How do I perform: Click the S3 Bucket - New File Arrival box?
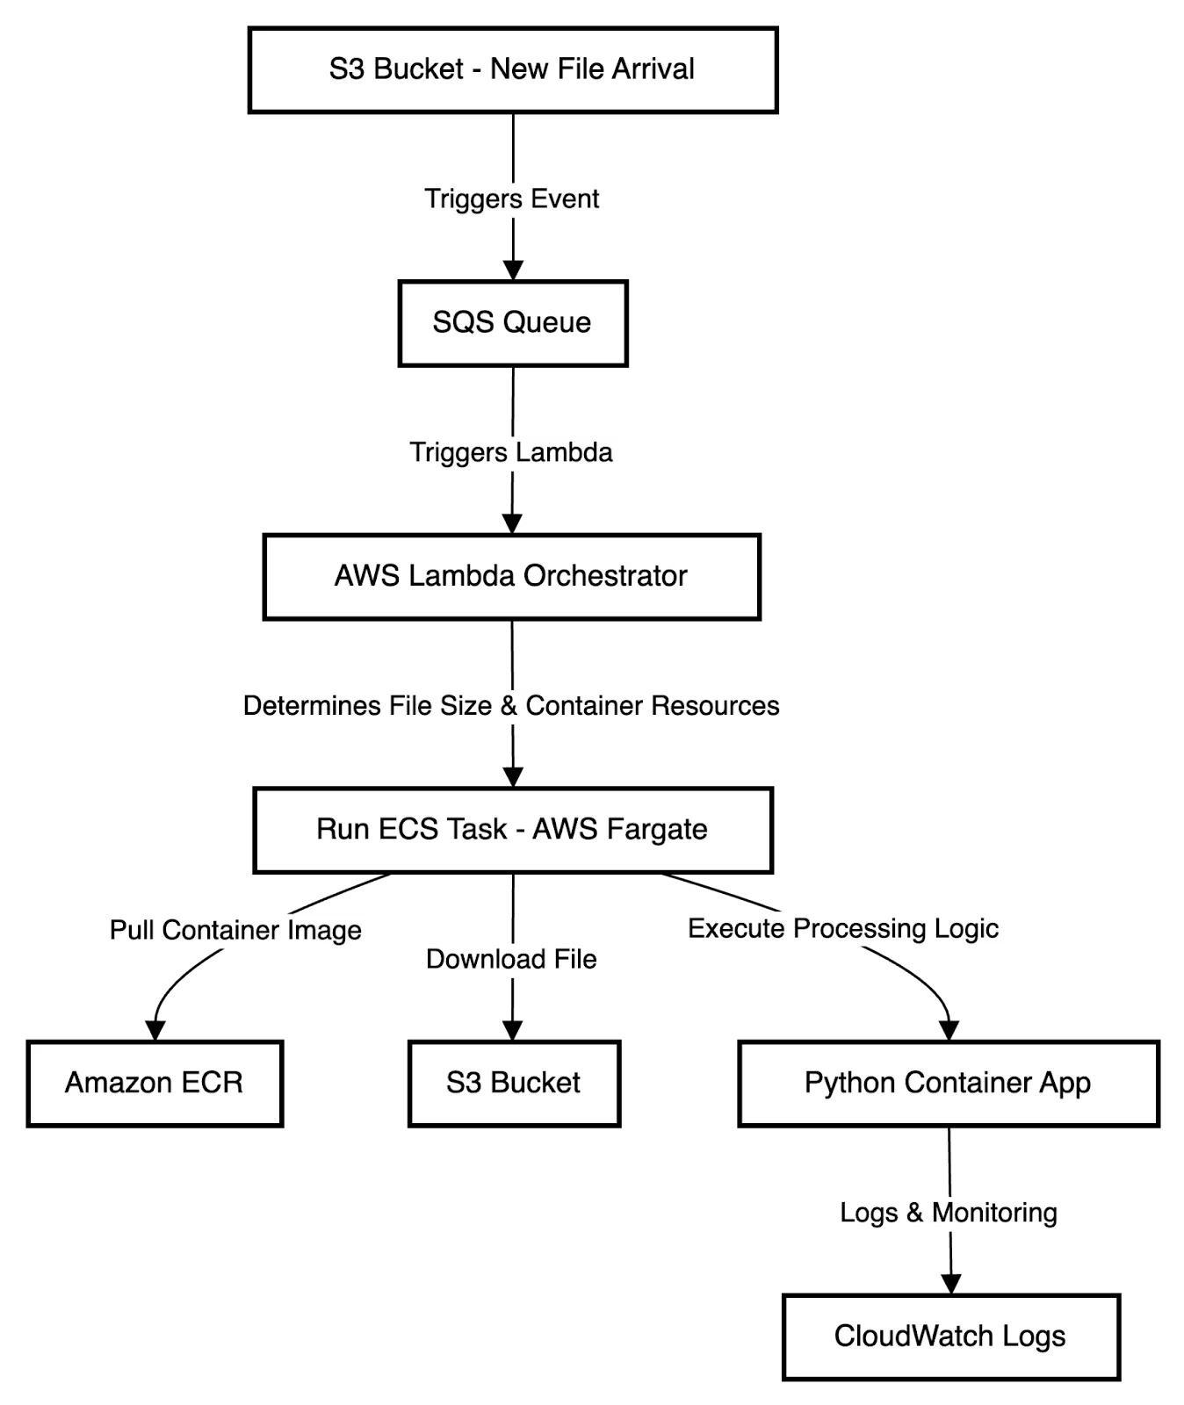coord(513,70)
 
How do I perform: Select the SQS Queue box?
coord(513,323)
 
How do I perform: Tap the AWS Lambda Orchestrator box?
coord(511,577)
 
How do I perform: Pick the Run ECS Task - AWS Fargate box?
coord(513,830)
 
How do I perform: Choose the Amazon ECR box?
coord(155,1083)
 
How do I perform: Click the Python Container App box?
coord(949,1083)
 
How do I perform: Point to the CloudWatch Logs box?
coord(950,1337)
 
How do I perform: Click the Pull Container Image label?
coord(237,931)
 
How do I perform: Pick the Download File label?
coord(512,960)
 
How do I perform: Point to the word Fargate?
coord(663,830)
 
